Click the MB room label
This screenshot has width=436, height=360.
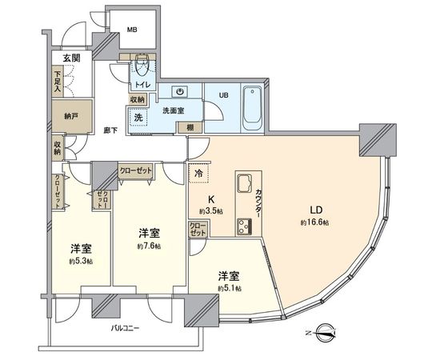[x=131, y=31]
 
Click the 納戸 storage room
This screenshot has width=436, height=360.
[x=70, y=116]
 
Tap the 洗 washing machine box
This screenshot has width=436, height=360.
[x=138, y=118]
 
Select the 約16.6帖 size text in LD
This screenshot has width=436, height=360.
[x=315, y=222]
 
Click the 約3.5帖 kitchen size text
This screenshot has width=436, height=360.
[x=211, y=211]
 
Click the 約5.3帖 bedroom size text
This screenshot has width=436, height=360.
[x=79, y=262]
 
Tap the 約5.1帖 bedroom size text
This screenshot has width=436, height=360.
[x=229, y=291]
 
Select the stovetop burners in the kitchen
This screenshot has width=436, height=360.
[x=242, y=224]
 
